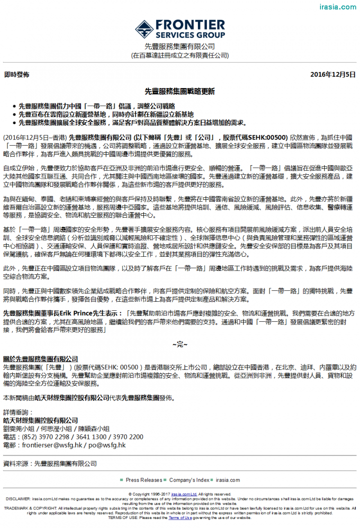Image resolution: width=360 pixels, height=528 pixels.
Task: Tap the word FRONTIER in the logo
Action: point(190,25)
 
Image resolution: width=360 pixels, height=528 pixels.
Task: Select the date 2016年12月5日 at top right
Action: point(333,75)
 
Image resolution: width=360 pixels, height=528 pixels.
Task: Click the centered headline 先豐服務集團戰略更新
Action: point(179,92)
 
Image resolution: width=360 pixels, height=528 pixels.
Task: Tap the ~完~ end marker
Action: point(179,345)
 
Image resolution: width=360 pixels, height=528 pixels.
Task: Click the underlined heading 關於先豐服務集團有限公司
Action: point(40,359)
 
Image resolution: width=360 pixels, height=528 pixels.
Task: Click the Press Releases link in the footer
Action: point(144,480)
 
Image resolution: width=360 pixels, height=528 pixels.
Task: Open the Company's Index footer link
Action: point(189,480)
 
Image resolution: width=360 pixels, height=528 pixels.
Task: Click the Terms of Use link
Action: point(179,517)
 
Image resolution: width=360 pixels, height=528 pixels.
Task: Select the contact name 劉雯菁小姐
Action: point(20,429)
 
